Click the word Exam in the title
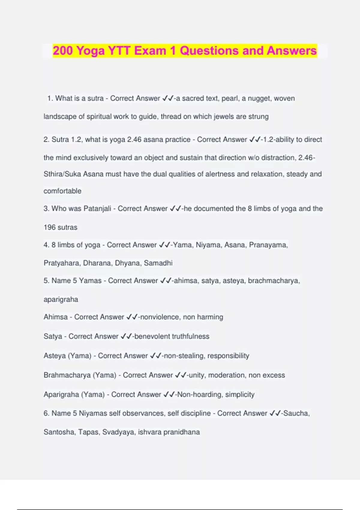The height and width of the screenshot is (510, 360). [x=150, y=51]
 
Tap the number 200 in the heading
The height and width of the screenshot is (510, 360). [x=63, y=51]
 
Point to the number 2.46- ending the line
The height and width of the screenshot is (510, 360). [x=306, y=158]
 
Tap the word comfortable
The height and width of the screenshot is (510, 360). [x=62, y=191]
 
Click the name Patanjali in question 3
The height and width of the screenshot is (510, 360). [x=97, y=208]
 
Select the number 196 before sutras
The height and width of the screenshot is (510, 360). [x=49, y=227]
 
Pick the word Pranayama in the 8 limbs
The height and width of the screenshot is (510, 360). [x=268, y=245]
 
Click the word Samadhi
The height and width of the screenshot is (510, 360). [x=158, y=263]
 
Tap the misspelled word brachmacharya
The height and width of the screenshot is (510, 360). [x=273, y=280]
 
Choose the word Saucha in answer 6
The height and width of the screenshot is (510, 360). [x=296, y=413]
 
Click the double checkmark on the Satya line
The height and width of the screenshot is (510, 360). [x=126, y=337]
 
